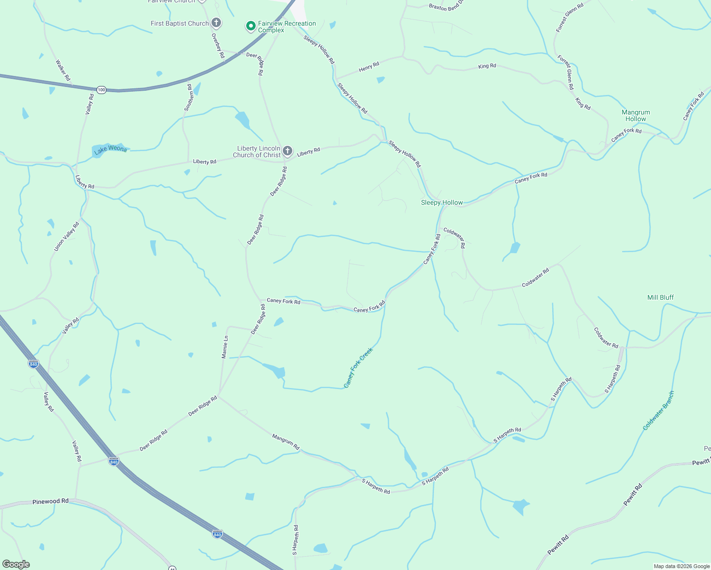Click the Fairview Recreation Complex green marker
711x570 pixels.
[x=250, y=26]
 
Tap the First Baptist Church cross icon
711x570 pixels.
[x=216, y=23]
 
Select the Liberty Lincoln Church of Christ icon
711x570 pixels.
[x=287, y=152]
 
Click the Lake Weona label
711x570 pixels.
[x=111, y=149]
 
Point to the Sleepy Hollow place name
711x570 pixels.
[x=442, y=202]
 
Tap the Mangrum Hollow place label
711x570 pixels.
[x=635, y=115]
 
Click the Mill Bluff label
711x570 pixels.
[x=660, y=297]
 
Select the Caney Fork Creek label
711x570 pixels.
[x=358, y=368]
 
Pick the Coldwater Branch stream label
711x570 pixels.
[x=658, y=410]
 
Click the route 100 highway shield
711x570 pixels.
[x=101, y=89]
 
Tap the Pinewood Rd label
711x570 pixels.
[x=50, y=501]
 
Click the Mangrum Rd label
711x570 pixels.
[x=286, y=441]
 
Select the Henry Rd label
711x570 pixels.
[x=369, y=67]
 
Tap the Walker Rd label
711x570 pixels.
[x=63, y=70]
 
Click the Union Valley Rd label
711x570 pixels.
[x=66, y=237]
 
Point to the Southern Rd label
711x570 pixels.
[x=189, y=98]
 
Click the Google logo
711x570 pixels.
[x=16, y=564]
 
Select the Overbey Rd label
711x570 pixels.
[x=218, y=46]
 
